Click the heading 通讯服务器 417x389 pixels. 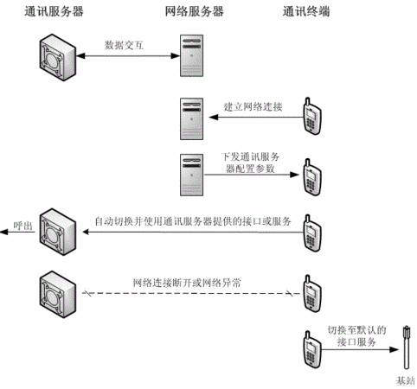[x=54, y=12]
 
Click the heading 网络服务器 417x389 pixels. [x=194, y=12]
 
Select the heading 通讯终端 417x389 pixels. [x=306, y=12]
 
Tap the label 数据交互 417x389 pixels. [x=124, y=45]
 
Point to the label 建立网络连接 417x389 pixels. [x=253, y=107]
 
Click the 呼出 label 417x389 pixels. [x=23, y=226]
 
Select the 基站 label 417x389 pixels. [x=405, y=381]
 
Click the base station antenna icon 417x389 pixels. [x=407, y=348]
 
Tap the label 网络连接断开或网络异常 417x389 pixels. [x=187, y=283]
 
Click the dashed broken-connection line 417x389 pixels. [x=191, y=294]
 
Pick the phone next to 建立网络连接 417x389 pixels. [x=312, y=116]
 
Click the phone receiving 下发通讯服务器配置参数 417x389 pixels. [x=312, y=177]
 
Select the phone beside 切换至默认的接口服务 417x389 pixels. [x=312, y=349]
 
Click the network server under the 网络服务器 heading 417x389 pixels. [x=191, y=55]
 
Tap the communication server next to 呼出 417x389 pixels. [x=58, y=232]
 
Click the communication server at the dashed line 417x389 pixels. [x=58, y=294]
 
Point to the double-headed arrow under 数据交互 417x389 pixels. [x=128, y=56]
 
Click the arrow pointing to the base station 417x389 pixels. [x=360, y=350]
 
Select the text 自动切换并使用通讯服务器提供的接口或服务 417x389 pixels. [x=193, y=221]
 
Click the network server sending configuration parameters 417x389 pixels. [x=191, y=175]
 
